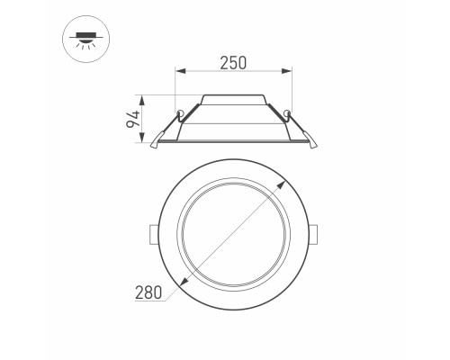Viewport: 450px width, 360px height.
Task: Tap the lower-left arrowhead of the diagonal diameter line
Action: [x=185, y=283]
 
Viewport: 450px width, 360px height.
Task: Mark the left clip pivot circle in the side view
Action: [x=181, y=112]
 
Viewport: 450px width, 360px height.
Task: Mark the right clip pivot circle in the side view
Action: [x=287, y=112]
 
